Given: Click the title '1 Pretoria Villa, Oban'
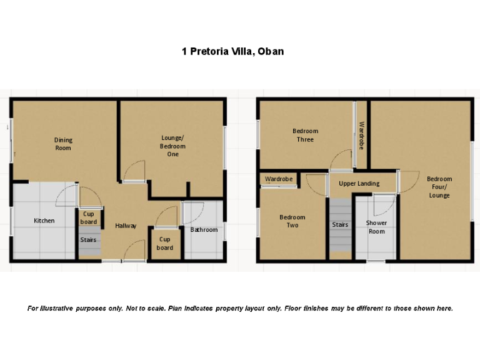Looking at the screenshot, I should [232, 51].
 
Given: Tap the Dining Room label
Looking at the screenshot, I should [63, 144].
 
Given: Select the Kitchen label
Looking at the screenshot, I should [44, 221].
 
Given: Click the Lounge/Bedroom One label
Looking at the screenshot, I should [172, 146].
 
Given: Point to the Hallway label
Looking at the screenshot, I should [126, 226].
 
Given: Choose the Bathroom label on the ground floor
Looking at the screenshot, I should [204, 230].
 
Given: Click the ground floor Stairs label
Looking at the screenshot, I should [88, 239].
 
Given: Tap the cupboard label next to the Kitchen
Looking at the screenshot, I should [89, 217].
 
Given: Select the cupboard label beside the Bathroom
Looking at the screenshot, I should [165, 243].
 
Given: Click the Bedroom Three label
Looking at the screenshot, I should [305, 135].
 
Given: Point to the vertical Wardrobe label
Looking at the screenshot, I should [361, 135].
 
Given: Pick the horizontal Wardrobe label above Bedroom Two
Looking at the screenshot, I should [279, 179].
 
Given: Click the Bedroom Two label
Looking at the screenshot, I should [292, 221].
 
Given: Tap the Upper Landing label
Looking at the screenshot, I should [359, 184].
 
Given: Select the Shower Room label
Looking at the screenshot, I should [376, 227].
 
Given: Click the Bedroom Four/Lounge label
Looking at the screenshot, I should [439, 187].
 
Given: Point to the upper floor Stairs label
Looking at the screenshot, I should [340, 224].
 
